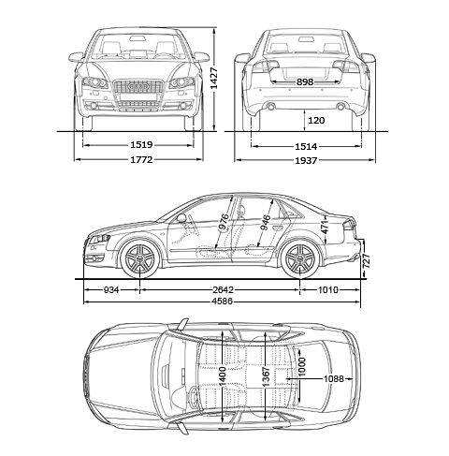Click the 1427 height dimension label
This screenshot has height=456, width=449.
tap(214, 78)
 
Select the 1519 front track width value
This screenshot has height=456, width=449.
tap(141, 145)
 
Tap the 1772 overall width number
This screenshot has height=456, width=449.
tap(141, 160)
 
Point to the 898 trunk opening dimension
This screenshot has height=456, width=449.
tap(305, 82)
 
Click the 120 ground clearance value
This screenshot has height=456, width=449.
tap(316, 120)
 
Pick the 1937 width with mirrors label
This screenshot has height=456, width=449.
tap(306, 161)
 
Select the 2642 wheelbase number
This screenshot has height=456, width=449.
tap(223, 290)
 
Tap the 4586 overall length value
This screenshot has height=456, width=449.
tap(223, 302)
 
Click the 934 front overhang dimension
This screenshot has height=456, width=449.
tap(111, 290)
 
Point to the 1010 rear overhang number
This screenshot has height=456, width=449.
tap(327, 290)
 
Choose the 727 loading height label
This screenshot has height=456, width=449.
tap(367, 261)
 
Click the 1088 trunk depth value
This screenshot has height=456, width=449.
tap(334, 379)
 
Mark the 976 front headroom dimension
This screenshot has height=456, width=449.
tap(224, 222)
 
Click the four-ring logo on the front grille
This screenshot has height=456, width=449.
tap(138, 86)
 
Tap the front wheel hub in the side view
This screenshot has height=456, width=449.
tap(139, 258)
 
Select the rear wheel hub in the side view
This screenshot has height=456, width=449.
tap(300, 258)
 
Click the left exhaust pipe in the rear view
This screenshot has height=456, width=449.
tap(270, 107)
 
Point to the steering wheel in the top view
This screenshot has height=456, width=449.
tap(194, 396)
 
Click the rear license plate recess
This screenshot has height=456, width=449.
tap(306, 73)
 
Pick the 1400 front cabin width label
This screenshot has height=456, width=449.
tap(222, 376)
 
